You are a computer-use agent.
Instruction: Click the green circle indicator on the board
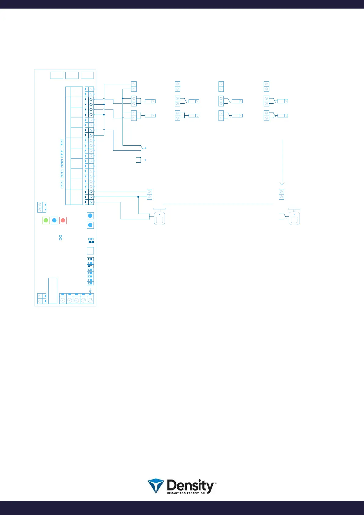pyautogui.click(x=46, y=220)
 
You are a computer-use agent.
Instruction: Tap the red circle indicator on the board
pyautogui.click(x=63, y=220)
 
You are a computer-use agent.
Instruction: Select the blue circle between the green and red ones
pyautogui.click(x=54, y=220)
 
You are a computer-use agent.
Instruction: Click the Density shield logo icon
pyautogui.click(x=156, y=486)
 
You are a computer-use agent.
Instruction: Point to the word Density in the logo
pyautogui.click(x=191, y=485)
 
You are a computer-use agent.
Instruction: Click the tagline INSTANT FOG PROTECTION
pyautogui.click(x=186, y=493)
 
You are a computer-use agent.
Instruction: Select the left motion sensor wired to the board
pyautogui.click(x=159, y=217)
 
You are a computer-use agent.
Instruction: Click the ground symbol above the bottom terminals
pyautogui.click(x=90, y=291)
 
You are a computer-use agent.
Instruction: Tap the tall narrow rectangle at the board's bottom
pyautogui.click(x=53, y=291)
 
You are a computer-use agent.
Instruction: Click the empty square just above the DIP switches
pyautogui.click(x=90, y=251)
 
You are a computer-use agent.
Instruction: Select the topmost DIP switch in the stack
pyautogui.click(x=90, y=259)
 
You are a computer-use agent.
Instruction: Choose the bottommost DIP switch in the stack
pyautogui.click(x=90, y=283)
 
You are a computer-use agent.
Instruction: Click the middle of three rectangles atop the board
pyautogui.click(x=72, y=75)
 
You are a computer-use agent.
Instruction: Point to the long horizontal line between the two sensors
pyautogui.click(x=217, y=204)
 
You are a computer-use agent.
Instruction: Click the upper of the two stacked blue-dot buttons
pyautogui.click(x=90, y=216)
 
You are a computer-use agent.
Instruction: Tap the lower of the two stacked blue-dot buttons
pyautogui.click(x=90, y=225)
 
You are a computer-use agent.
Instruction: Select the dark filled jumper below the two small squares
pyautogui.click(x=91, y=242)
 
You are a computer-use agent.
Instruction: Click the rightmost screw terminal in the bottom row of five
pyautogui.click(x=90, y=301)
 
